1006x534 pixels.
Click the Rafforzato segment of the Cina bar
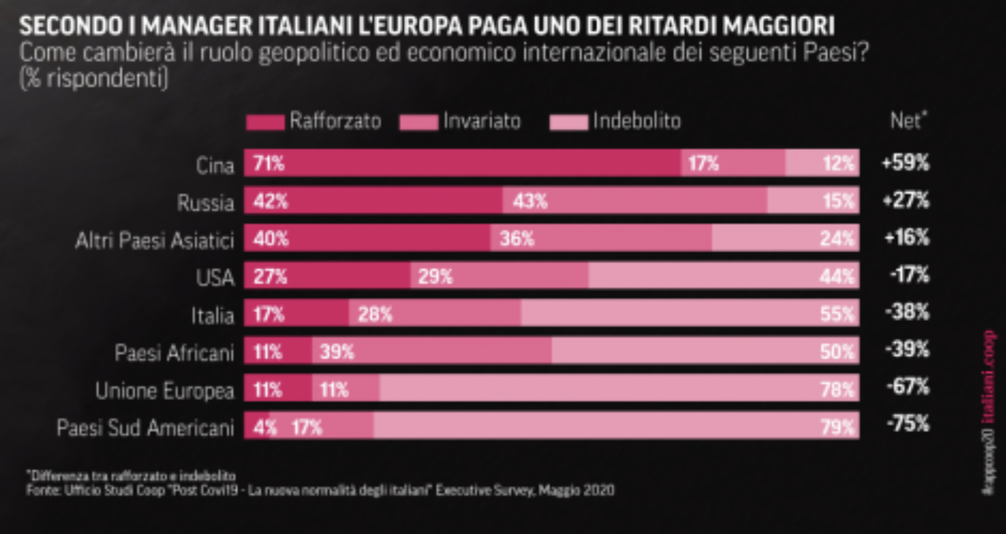(462, 163)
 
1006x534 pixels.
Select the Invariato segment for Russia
(635, 201)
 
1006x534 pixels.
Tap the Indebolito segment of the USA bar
(723, 276)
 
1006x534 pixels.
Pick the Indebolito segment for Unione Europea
(618, 389)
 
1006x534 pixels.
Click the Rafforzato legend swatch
(265, 122)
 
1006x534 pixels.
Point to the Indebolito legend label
(636, 121)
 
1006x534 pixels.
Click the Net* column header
(908, 120)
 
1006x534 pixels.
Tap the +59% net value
(905, 163)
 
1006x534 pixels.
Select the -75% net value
(908, 423)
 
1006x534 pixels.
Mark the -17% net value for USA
(908, 275)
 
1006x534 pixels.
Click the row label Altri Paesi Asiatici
(155, 241)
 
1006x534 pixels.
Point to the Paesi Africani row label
(174, 353)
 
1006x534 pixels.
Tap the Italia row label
(212, 316)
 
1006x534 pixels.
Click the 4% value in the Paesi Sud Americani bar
(263, 427)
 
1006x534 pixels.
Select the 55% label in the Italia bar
(836, 314)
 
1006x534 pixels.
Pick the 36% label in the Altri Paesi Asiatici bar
(517, 238)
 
